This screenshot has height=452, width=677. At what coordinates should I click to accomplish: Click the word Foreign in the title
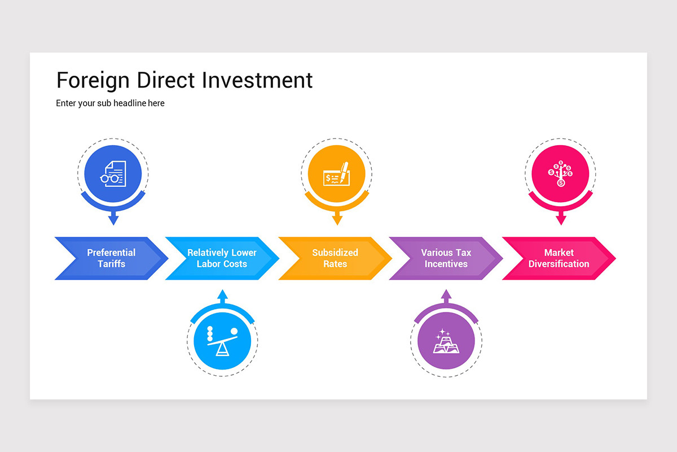(x=94, y=81)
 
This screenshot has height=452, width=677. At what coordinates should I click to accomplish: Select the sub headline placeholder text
(x=110, y=103)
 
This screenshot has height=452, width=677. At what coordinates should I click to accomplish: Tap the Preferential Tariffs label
(x=111, y=258)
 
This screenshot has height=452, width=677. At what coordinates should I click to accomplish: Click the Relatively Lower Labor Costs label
(x=222, y=258)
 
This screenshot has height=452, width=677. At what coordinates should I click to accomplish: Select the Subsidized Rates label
(x=335, y=258)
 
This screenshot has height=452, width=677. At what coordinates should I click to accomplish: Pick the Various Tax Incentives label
(x=446, y=258)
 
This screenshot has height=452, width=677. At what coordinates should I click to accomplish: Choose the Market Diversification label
(x=559, y=258)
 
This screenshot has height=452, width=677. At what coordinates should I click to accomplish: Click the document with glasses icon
(x=113, y=173)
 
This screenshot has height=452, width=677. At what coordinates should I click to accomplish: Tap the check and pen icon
(x=337, y=174)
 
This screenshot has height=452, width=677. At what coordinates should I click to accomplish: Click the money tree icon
(x=560, y=173)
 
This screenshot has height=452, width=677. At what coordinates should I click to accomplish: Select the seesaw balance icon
(x=222, y=341)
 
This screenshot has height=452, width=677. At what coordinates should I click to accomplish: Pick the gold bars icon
(x=446, y=342)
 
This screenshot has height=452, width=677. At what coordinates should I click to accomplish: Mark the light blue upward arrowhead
(x=222, y=295)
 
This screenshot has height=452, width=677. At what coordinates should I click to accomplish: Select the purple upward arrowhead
(x=446, y=295)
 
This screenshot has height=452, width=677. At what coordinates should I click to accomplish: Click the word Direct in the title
(x=166, y=80)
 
